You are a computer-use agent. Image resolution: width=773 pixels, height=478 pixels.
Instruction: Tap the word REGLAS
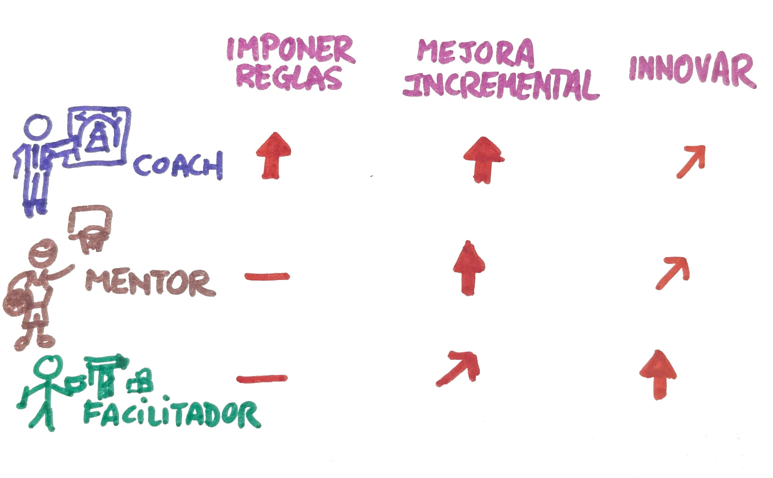(289, 78)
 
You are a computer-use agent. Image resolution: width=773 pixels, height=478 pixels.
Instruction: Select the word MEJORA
(475, 54)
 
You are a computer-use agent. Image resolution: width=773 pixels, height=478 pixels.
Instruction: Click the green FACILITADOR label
(172, 415)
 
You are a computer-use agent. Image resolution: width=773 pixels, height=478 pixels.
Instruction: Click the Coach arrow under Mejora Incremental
(483, 160)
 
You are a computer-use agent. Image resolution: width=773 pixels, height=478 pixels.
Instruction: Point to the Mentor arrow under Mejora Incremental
(469, 269)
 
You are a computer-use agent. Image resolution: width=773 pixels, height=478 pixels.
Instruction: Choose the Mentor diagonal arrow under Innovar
(673, 272)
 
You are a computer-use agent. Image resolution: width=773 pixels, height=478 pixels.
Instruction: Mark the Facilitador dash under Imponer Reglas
(262, 378)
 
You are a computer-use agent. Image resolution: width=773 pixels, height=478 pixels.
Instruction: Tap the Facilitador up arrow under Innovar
(658, 375)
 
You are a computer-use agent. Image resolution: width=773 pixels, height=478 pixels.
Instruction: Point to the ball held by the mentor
(17, 305)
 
